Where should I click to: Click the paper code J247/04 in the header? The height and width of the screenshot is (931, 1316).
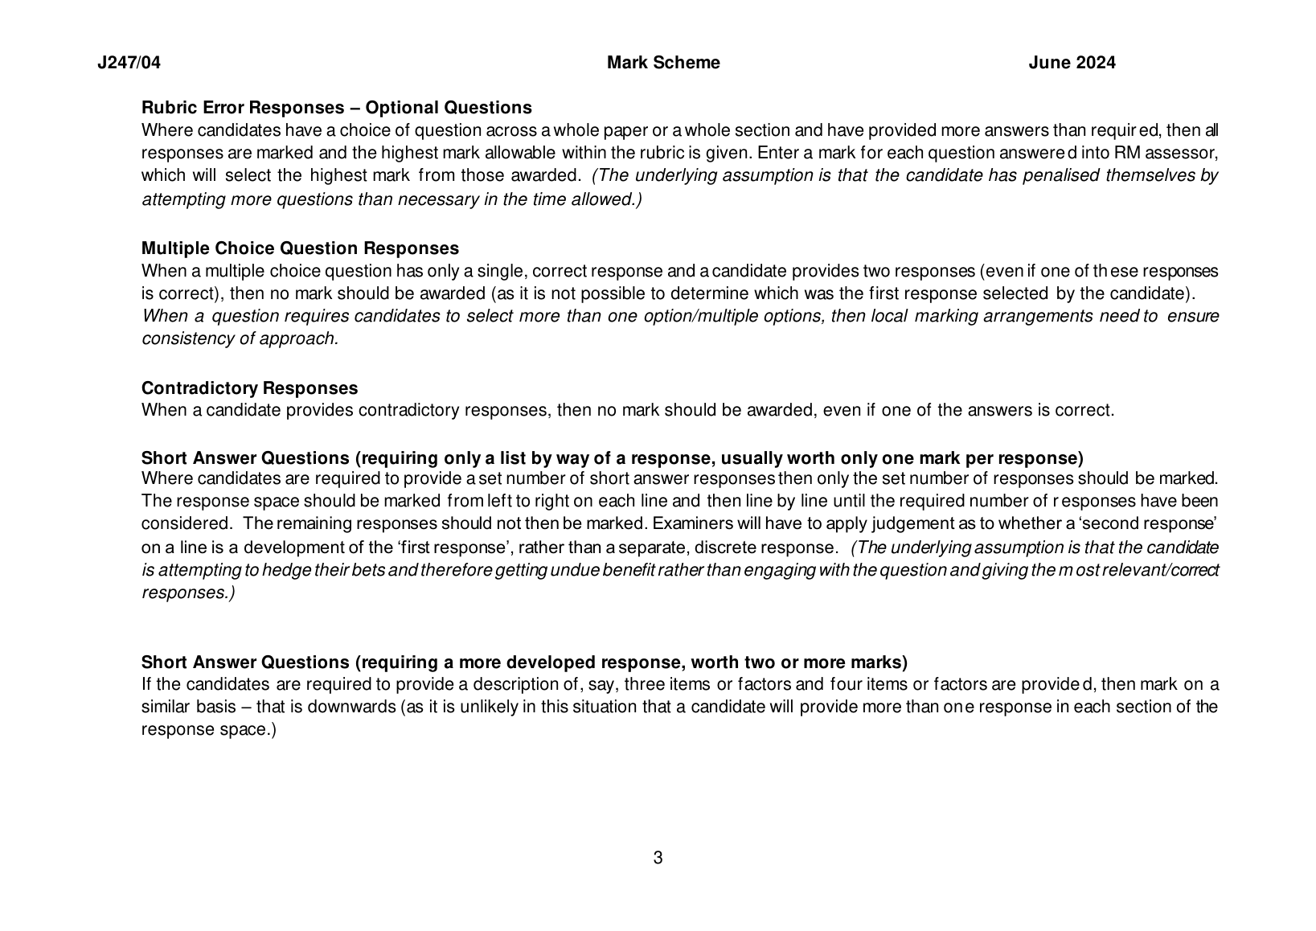tap(129, 63)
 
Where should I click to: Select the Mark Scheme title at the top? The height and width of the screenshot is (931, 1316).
tap(663, 63)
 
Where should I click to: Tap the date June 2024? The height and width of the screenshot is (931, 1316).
tap(1072, 63)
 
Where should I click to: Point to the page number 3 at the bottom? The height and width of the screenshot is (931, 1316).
tap(658, 858)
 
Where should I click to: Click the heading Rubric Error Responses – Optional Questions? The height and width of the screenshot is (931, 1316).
tap(336, 108)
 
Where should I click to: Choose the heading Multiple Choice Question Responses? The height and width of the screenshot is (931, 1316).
tap(300, 248)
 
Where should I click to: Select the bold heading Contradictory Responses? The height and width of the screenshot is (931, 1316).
tap(249, 388)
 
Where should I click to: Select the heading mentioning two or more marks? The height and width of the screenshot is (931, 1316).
tap(524, 662)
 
